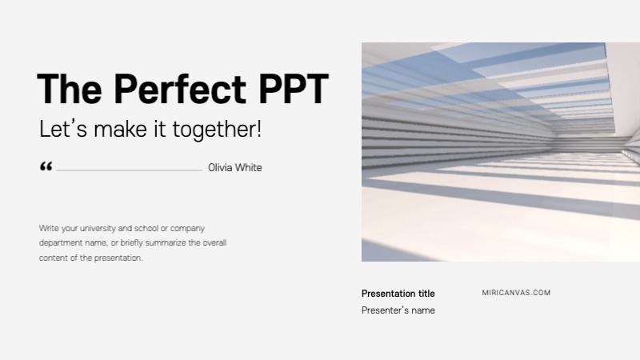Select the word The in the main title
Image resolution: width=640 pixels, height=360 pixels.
coord(69,89)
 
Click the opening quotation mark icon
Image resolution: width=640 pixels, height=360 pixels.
coord(46,166)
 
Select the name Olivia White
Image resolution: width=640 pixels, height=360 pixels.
coord(234,168)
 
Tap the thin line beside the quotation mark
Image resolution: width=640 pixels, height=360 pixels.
coord(129,170)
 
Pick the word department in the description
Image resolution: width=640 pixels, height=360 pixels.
coord(62,242)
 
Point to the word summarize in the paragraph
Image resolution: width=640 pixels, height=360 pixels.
coord(170,242)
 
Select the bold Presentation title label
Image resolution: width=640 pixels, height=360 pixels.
coord(398,294)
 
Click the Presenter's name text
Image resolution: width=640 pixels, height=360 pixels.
coord(398,310)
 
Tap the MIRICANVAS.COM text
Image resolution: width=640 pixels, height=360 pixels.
coord(516,293)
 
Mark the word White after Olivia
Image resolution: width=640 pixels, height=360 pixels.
coord(247,168)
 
